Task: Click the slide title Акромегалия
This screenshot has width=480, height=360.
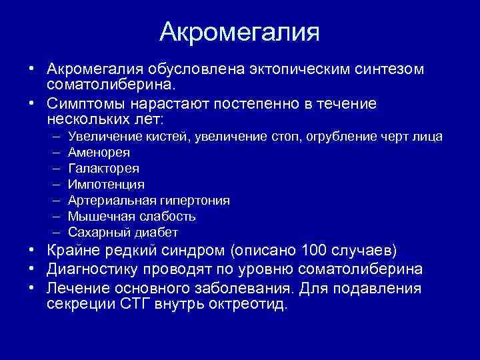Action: tap(240, 32)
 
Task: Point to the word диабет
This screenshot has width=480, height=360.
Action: tap(159, 233)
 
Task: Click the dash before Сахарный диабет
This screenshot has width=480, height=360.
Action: tap(54, 233)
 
